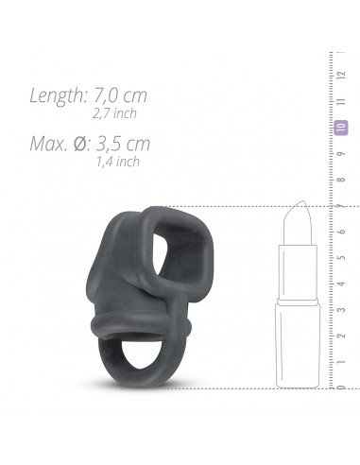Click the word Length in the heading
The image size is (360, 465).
[59, 95]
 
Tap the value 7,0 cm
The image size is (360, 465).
[120, 95]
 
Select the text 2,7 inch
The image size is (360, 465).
[114, 113]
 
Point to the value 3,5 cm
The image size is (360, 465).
[123, 144]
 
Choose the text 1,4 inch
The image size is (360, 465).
[118, 162]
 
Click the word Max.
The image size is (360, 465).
[48, 144]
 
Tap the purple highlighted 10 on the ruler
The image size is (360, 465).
[341, 128]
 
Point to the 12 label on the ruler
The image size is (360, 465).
[342, 75]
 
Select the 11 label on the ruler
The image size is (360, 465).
[342, 101]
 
